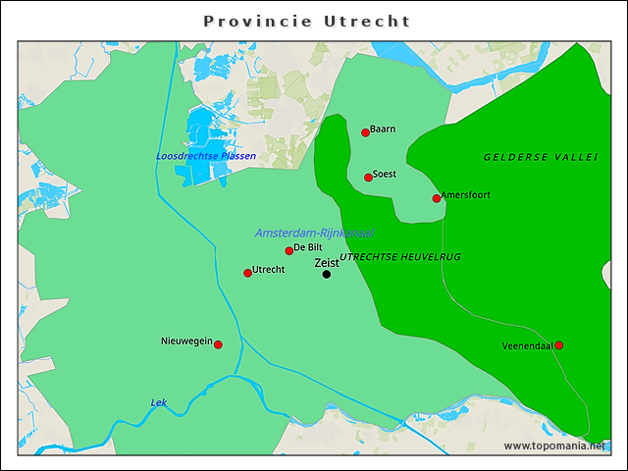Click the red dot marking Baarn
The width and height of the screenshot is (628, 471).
click(x=365, y=132)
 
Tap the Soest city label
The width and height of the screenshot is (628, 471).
click(x=385, y=175)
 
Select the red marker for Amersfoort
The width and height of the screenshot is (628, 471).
click(x=437, y=198)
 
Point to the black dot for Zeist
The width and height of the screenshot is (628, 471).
click(x=327, y=274)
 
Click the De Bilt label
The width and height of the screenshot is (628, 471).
click(x=308, y=248)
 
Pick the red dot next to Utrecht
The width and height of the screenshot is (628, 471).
click(x=247, y=273)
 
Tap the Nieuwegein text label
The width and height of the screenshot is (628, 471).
click(x=186, y=341)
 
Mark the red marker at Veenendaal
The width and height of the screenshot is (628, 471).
click(x=559, y=345)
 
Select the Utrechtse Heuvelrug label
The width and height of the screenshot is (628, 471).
click(x=399, y=257)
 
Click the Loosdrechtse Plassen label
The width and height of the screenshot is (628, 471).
click(x=206, y=156)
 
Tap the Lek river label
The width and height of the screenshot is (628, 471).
click(x=158, y=402)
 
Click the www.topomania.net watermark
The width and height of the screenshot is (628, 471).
click(x=553, y=445)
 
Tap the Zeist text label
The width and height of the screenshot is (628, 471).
click(x=327, y=262)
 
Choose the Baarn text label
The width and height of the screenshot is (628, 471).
click(x=383, y=129)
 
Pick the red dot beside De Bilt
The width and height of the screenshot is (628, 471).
click(x=288, y=250)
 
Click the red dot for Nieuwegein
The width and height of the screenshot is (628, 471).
click(x=218, y=344)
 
